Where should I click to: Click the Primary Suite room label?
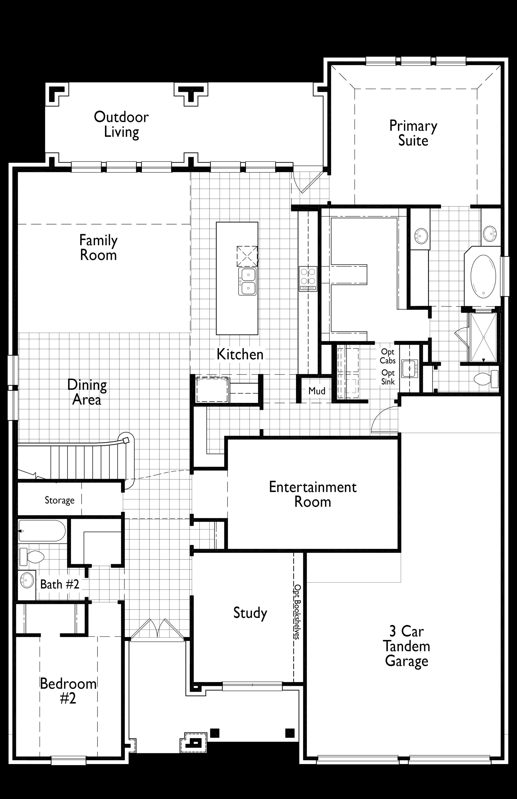pos(413,133)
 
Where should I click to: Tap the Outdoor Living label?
pos(121,124)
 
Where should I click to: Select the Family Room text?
pos(98,248)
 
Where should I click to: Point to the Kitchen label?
pos(240,354)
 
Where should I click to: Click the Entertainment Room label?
pos(313,494)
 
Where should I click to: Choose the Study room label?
pos(250,613)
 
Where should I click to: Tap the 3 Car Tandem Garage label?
pos(407,646)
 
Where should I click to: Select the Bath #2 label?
pos(60,584)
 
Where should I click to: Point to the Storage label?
pos(60,500)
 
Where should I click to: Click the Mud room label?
pos(317,391)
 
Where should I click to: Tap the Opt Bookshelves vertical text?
pos(297,612)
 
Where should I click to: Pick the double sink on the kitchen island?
pos(247,281)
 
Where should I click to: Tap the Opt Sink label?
pos(388,377)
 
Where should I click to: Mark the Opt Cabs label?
pos(388,356)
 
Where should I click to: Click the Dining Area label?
pos(87,392)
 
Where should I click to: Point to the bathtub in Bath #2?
pos(42,530)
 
